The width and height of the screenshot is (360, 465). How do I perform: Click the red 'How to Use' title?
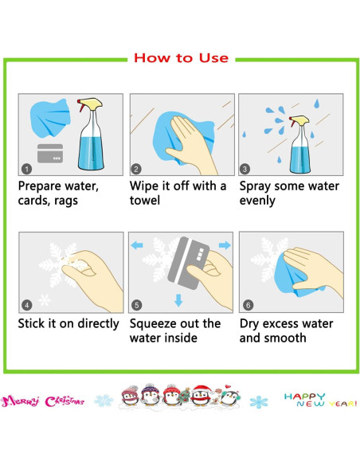[181, 58]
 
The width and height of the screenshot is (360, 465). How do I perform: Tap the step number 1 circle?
[27, 170]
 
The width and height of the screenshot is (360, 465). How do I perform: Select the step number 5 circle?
[136, 305]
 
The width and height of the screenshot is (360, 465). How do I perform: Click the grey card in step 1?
[50, 154]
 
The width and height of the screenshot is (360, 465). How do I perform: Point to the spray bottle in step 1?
[91, 135]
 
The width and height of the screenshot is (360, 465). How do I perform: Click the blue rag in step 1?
[50, 118]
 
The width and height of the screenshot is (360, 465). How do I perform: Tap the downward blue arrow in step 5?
[178, 300]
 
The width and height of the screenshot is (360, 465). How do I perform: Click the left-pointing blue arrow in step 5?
[137, 245]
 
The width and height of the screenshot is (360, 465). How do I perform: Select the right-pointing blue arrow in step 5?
[225, 245]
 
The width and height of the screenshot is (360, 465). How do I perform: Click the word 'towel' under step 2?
[145, 200]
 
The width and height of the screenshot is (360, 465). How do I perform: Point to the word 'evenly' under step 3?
[257, 201]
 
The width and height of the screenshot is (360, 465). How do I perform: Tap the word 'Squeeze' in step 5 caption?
[150, 324]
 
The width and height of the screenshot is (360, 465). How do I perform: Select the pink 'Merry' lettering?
[20, 401]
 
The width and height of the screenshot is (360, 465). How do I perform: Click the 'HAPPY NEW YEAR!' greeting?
[320, 400]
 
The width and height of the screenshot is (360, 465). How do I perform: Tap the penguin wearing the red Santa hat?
[201, 395]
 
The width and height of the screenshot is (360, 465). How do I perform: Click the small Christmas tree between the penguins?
[185, 396]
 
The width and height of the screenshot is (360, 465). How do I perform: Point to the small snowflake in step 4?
[44, 300]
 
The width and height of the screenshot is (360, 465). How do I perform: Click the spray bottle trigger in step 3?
[292, 121]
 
